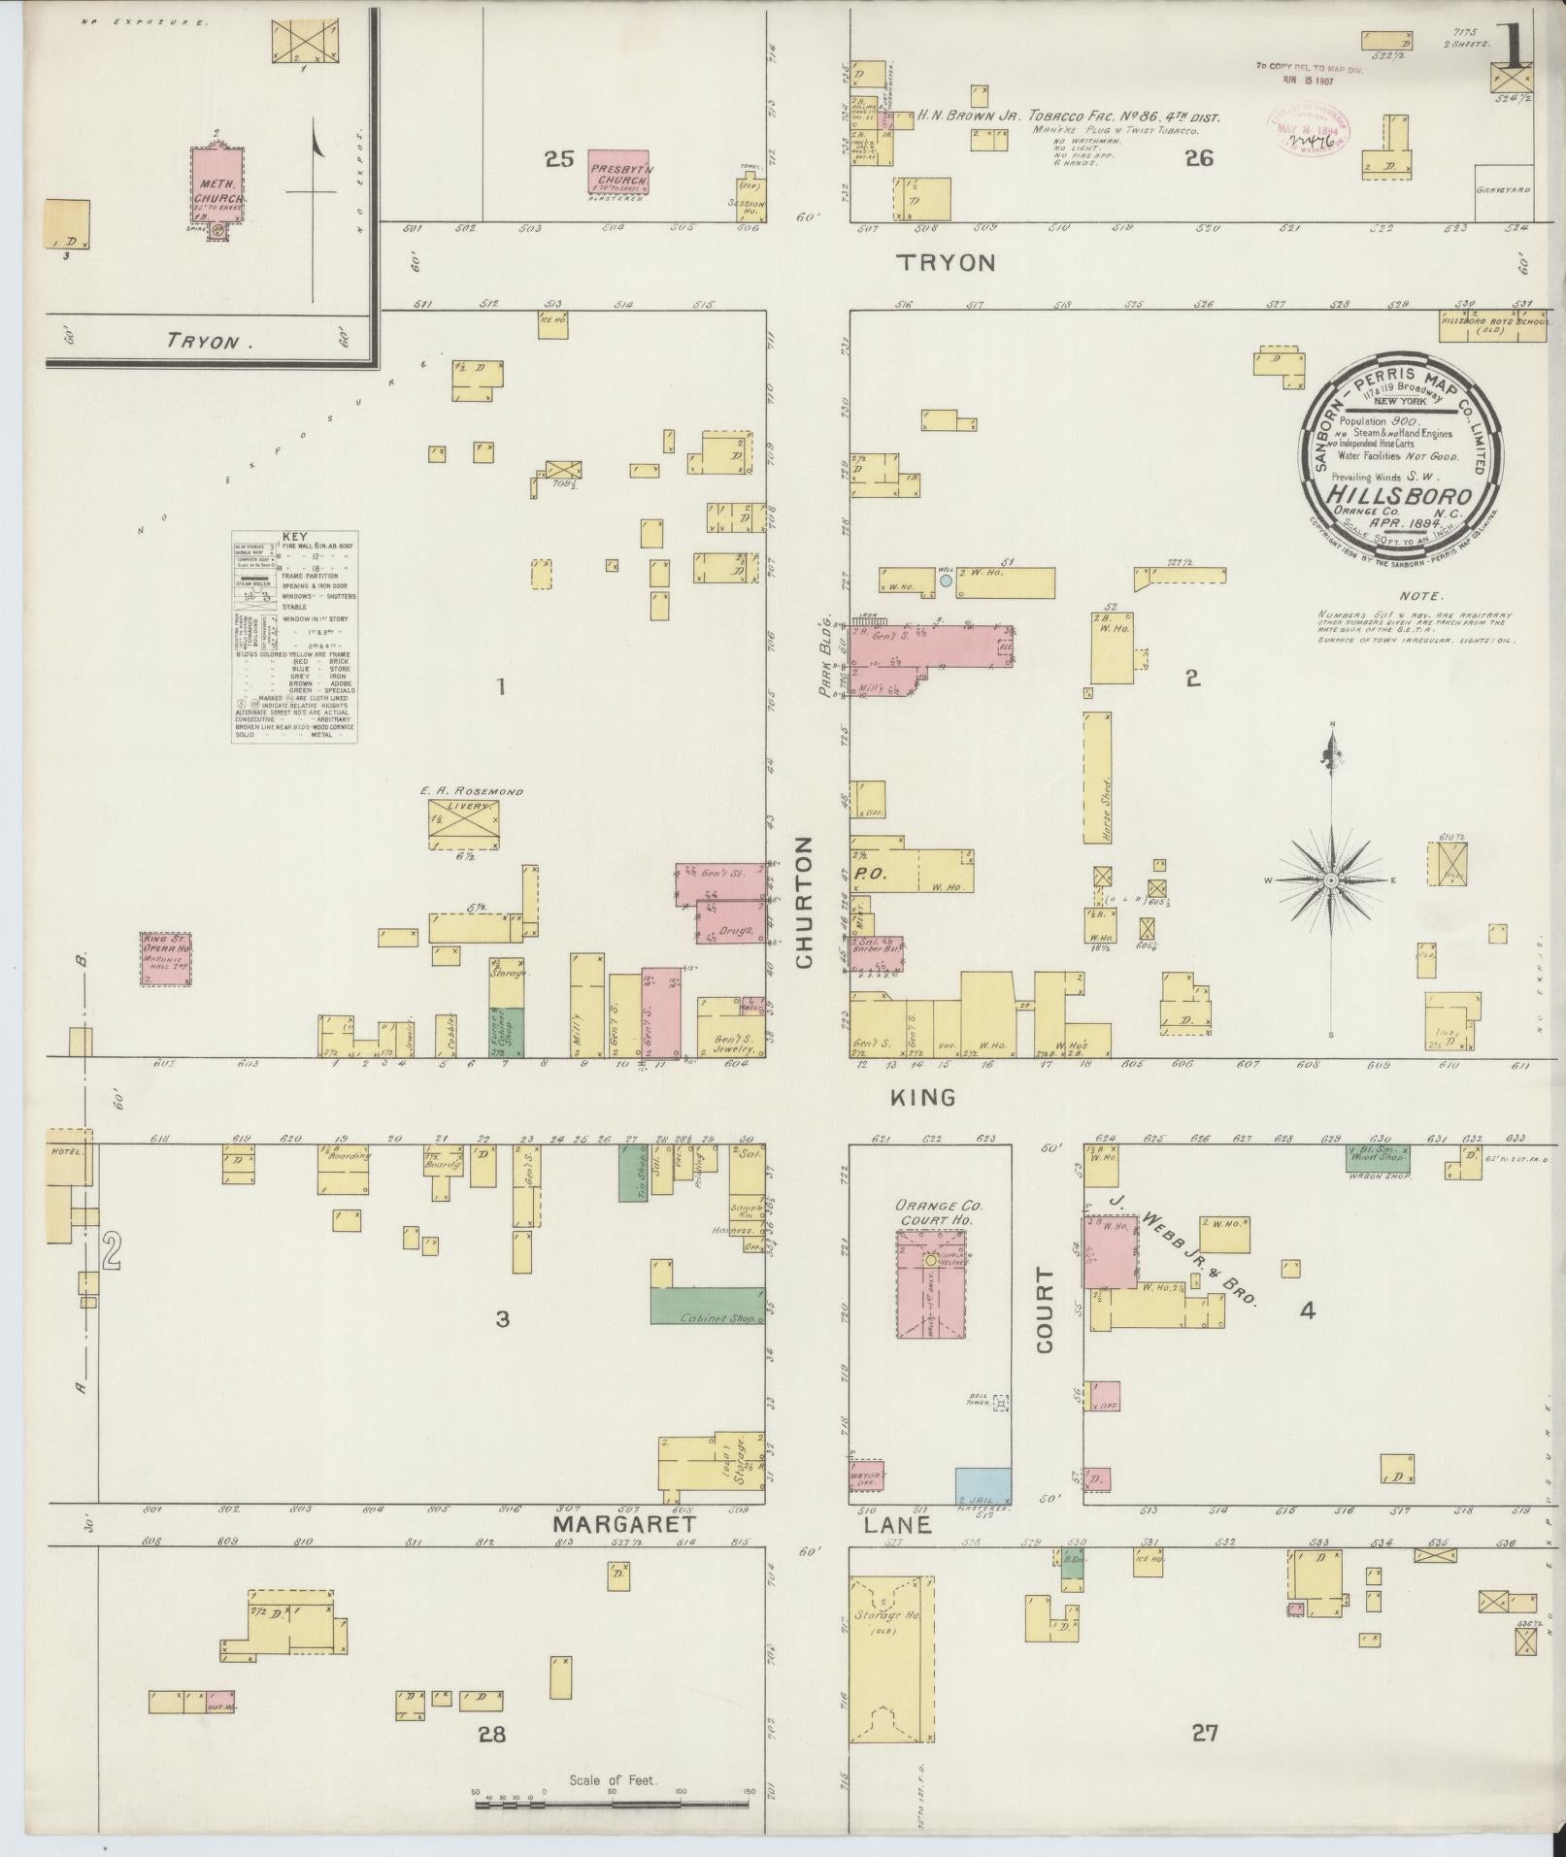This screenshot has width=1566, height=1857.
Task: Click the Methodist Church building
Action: [217, 185]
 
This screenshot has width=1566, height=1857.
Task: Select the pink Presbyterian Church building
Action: [618, 171]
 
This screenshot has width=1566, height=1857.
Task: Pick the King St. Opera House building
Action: [166, 960]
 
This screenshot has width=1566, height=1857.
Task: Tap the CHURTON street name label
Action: [804, 904]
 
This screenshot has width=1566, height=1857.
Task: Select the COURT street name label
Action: [1045, 1310]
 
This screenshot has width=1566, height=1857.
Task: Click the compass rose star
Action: [1332, 879]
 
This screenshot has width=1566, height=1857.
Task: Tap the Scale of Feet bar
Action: [612, 1805]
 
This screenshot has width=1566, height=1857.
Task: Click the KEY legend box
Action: [294, 637]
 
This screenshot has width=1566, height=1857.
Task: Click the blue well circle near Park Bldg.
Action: [946, 580]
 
